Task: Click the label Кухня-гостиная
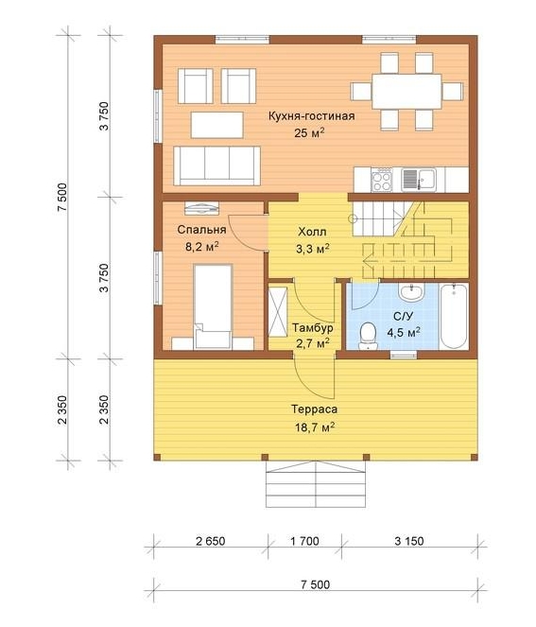click(x=311, y=116)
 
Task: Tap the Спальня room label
click(x=202, y=230)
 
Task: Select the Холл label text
click(x=312, y=232)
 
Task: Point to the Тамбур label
click(x=313, y=328)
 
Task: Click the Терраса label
click(x=314, y=409)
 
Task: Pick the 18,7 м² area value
click(x=315, y=427)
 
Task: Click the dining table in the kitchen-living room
click(x=406, y=91)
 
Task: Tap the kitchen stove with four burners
click(x=381, y=180)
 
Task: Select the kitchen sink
click(x=419, y=180)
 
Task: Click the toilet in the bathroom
click(x=368, y=337)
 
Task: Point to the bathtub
click(x=454, y=317)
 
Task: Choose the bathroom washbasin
click(x=411, y=292)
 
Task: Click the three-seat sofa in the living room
click(x=217, y=165)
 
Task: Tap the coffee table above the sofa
click(x=217, y=125)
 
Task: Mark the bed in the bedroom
click(x=213, y=306)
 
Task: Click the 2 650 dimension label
click(x=211, y=541)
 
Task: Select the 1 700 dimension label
click(x=305, y=541)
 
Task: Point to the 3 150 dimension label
click(x=409, y=541)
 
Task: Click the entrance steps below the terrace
click(x=316, y=484)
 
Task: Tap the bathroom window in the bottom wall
click(x=404, y=355)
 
